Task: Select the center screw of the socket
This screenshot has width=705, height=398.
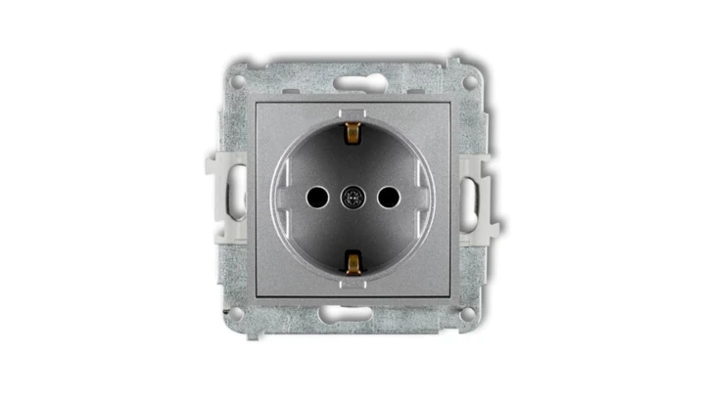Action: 352,198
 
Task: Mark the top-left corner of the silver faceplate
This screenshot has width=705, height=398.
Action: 257,102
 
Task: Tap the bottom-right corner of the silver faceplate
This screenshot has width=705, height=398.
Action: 448,293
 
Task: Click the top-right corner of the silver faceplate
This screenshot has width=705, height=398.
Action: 448,102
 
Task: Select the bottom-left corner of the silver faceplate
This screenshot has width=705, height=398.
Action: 257,293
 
